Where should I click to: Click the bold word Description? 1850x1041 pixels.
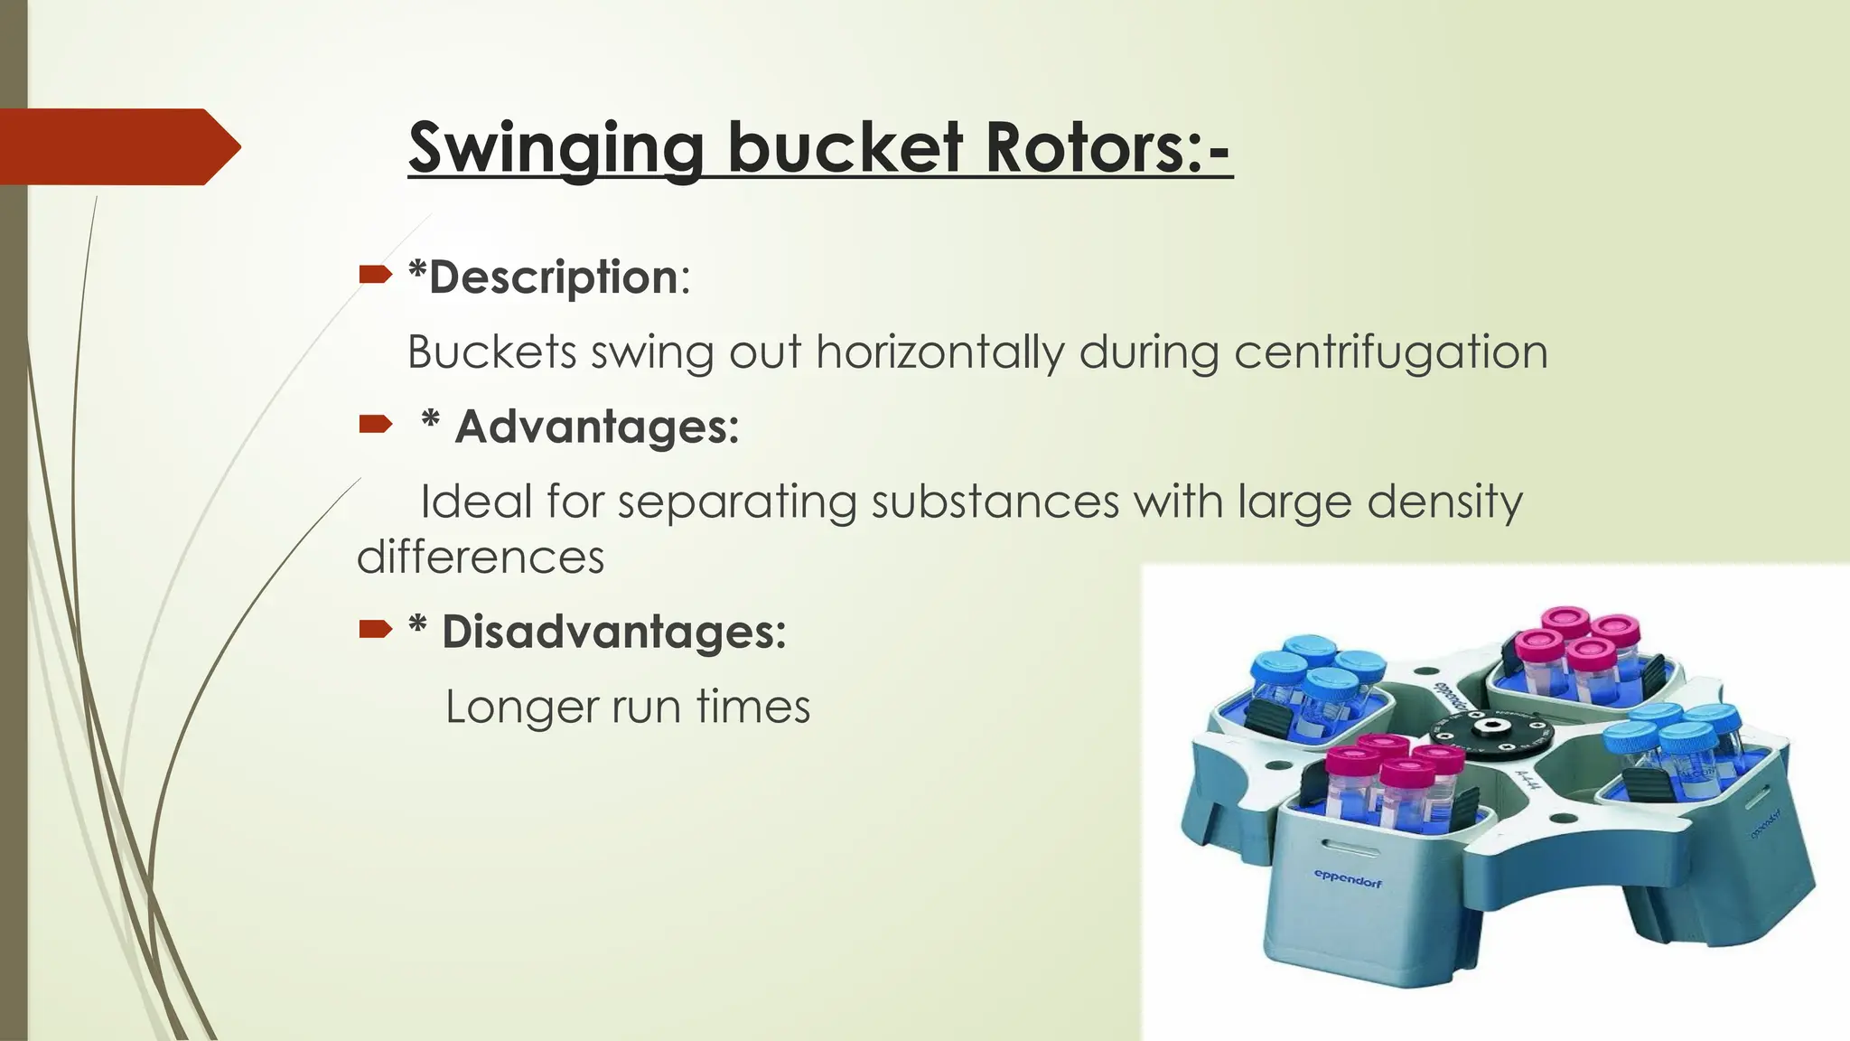(x=553, y=277)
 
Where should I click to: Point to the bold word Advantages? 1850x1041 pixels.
(x=596, y=427)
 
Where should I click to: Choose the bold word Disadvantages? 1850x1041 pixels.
(x=613, y=631)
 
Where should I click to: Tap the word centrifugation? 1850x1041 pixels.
(x=1390, y=352)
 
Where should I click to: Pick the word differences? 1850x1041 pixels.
(x=481, y=558)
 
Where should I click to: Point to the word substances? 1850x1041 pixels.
(x=995, y=502)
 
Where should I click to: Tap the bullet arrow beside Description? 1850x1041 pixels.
(x=375, y=275)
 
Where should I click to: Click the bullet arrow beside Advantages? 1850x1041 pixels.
(x=375, y=424)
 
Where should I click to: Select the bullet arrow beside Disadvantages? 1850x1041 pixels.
(x=375, y=629)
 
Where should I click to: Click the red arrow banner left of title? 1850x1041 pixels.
(x=117, y=146)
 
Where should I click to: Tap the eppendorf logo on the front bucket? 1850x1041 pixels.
(x=1348, y=877)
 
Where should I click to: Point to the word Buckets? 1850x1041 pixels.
(x=491, y=352)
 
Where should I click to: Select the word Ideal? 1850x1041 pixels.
(x=476, y=502)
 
